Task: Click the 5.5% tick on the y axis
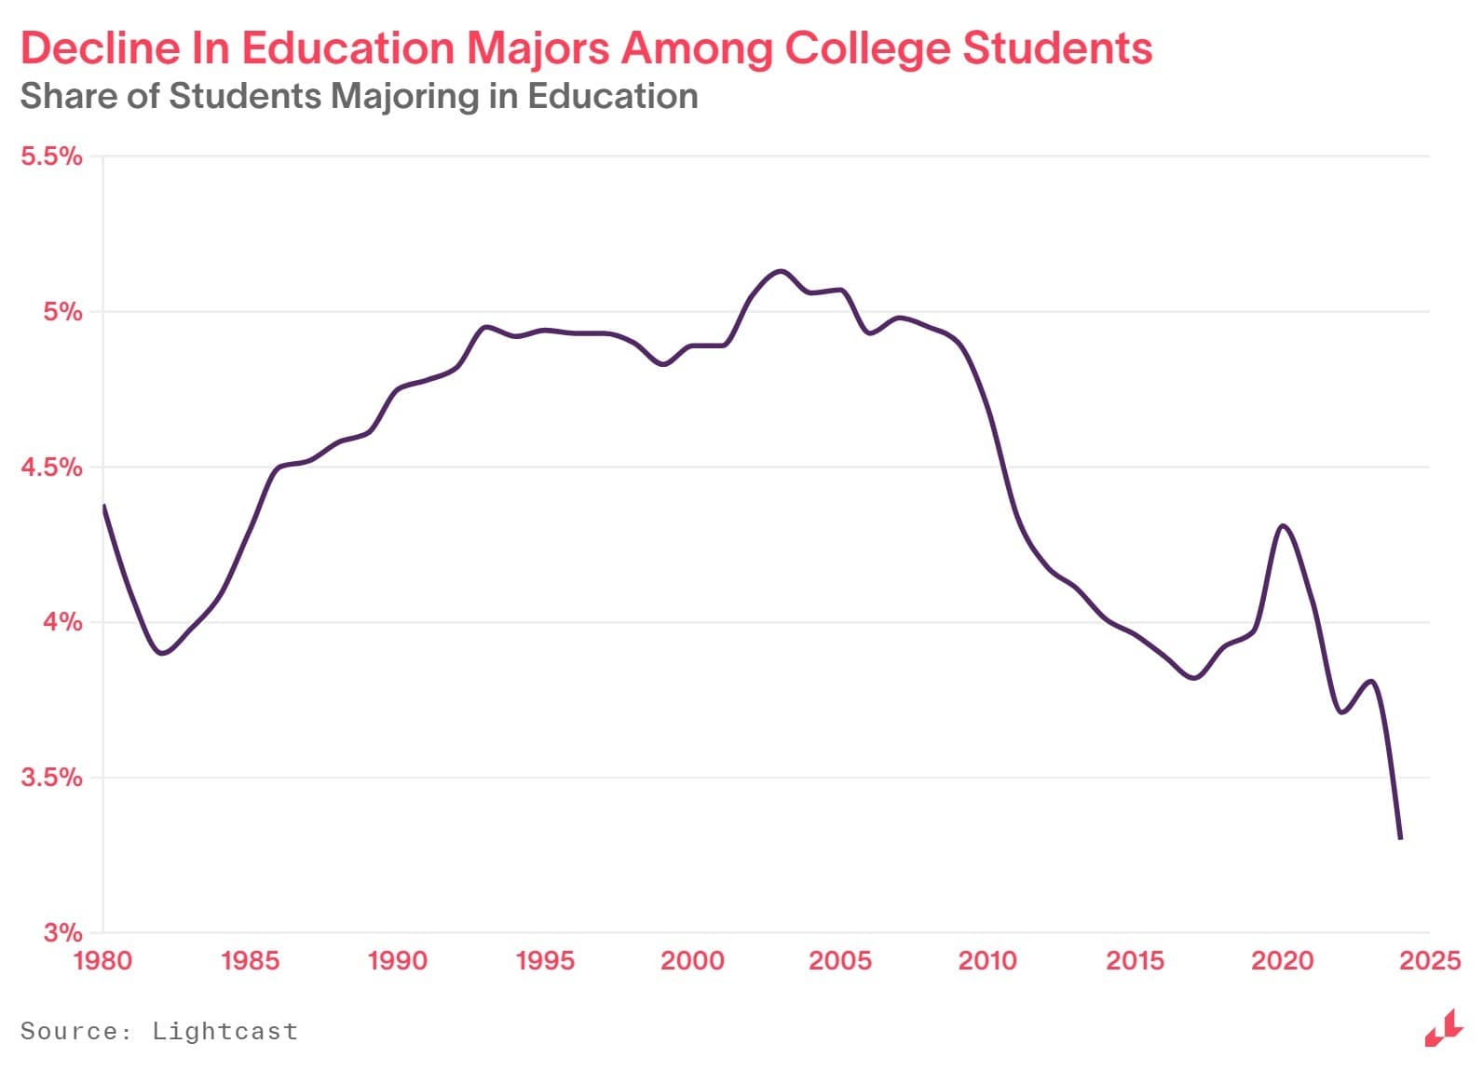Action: click(x=51, y=156)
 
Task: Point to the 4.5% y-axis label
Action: click(x=51, y=467)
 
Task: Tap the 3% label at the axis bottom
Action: click(x=62, y=931)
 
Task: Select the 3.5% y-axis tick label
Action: click(x=51, y=777)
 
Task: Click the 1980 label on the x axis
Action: click(x=102, y=960)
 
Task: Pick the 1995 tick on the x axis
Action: click(x=545, y=960)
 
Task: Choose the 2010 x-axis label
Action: click(x=987, y=960)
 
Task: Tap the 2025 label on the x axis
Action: click(x=1430, y=960)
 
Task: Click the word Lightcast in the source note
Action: click(x=224, y=1031)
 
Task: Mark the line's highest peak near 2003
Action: click(x=780, y=271)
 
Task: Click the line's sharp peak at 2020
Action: click(x=1283, y=526)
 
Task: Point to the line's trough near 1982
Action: click(x=163, y=654)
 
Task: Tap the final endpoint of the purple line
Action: click(x=1400, y=837)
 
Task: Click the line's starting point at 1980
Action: click(x=103, y=506)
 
